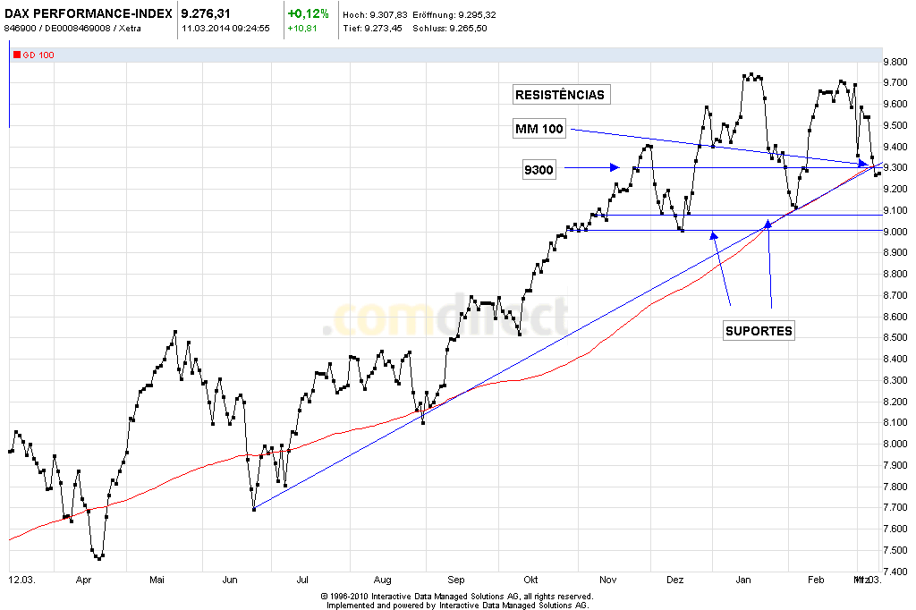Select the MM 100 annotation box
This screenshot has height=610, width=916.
click(x=539, y=130)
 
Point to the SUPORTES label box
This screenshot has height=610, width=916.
click(x=759, y=331)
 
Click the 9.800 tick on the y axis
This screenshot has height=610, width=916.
click(x=898, y=62)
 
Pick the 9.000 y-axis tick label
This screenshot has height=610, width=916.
click(x=898, y=232)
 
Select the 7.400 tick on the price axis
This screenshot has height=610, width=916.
click(x=898, y=572)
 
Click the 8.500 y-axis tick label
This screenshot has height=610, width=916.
click(x=898, y=338)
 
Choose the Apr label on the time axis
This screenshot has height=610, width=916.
click(x=84, y=580)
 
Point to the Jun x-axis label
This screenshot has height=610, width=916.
click(x=230, y=580)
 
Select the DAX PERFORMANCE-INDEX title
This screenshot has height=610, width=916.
click(x=88, y=14)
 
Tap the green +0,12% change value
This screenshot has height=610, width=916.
click(x=308, y=14)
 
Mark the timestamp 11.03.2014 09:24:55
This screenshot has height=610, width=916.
click(x=225, y=29)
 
